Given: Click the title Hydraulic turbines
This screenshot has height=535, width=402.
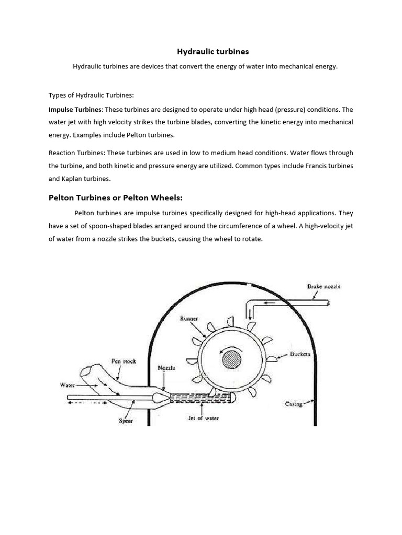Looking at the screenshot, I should tap(205, 52).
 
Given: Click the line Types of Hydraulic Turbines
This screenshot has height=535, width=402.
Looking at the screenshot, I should tap(91, 95).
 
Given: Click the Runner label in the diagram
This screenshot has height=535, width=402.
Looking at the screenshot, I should tap(189, 318).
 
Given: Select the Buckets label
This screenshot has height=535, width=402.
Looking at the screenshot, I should tap(300, 354).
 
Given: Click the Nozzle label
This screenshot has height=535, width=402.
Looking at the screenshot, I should tap(166, 368).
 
